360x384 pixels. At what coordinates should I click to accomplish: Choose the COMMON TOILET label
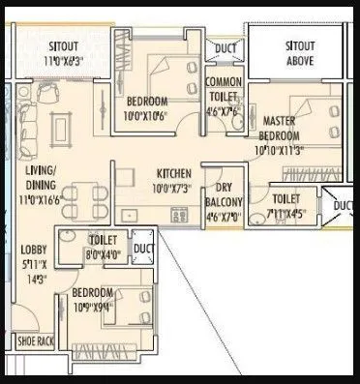(x=224, y=90)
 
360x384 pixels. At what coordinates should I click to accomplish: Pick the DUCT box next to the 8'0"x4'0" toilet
(x=144, y=249)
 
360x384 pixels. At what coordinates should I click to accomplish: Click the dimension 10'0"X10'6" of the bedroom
(x=146, y=116)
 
